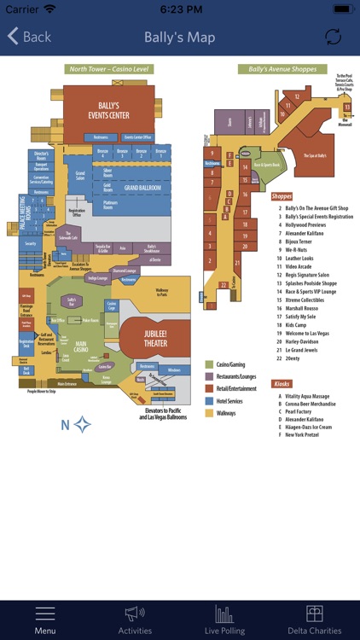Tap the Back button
coord(30,37)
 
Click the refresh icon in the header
coord(333,37)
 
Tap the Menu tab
coord(45,620)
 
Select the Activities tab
coord(135,620)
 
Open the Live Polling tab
coord(224,620)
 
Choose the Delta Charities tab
coord(315,620)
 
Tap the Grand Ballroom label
coord(142,187)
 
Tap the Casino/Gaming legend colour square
coord(208,364)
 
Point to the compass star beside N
coord(82,424)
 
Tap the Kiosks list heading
coord(282,384)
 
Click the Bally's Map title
coord(179,37)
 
